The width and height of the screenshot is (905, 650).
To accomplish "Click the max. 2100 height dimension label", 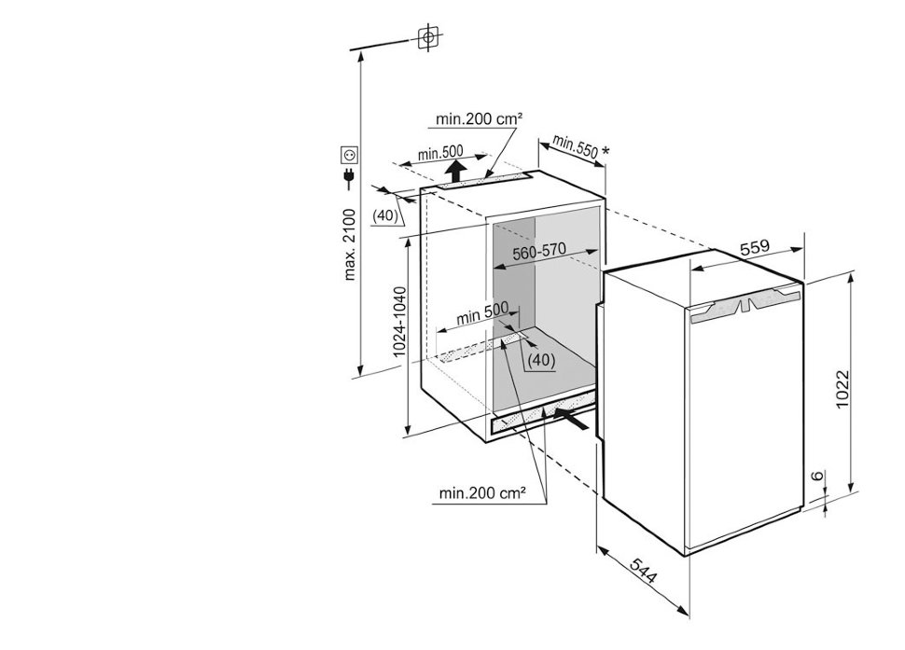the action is point(351,244).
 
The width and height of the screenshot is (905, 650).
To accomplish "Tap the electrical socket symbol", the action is point(350,156).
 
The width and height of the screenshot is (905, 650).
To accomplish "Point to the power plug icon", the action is point(349,179).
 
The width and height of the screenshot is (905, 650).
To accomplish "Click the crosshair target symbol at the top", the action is point(427,37).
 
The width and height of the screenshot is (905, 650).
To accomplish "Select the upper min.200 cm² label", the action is point(479,119).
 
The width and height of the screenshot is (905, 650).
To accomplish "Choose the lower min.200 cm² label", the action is point(482,493).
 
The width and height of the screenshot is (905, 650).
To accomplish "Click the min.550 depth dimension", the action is point(575,147).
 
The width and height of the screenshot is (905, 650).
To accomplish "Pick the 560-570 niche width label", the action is point(539,252).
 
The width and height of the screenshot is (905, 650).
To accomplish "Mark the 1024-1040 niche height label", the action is point(400,322).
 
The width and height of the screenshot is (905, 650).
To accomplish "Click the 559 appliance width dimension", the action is point(755,248).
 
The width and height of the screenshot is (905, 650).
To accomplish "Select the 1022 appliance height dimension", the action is point(842,389).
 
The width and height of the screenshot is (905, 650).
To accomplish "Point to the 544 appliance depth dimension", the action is point(643,571).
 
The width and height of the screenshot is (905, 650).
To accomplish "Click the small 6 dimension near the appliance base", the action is point(816,476).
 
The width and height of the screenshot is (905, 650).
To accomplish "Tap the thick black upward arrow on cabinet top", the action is point(456,170).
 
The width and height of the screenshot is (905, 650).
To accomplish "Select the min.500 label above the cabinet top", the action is point(441,153).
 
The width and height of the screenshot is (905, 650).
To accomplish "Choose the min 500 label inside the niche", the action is point(482,313).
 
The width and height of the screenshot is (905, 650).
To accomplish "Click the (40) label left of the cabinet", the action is point(385,215).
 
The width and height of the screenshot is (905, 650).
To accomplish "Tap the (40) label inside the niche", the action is point(542,361).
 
